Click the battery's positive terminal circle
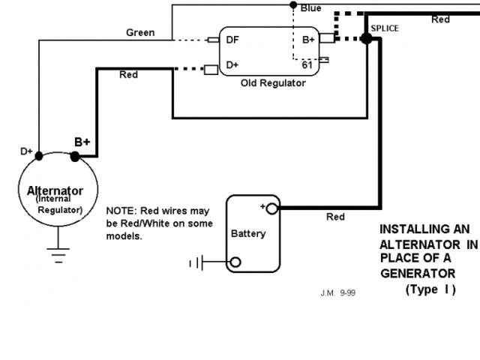271,208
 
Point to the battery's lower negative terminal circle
235,262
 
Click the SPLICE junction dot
367,38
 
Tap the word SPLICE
385,28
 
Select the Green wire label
140,33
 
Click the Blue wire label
310,8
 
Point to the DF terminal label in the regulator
233,40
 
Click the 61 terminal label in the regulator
307,65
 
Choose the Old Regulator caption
273,83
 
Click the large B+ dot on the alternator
75,157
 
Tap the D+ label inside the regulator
232,65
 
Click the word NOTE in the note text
121,211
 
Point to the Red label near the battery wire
335,217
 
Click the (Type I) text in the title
430,289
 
